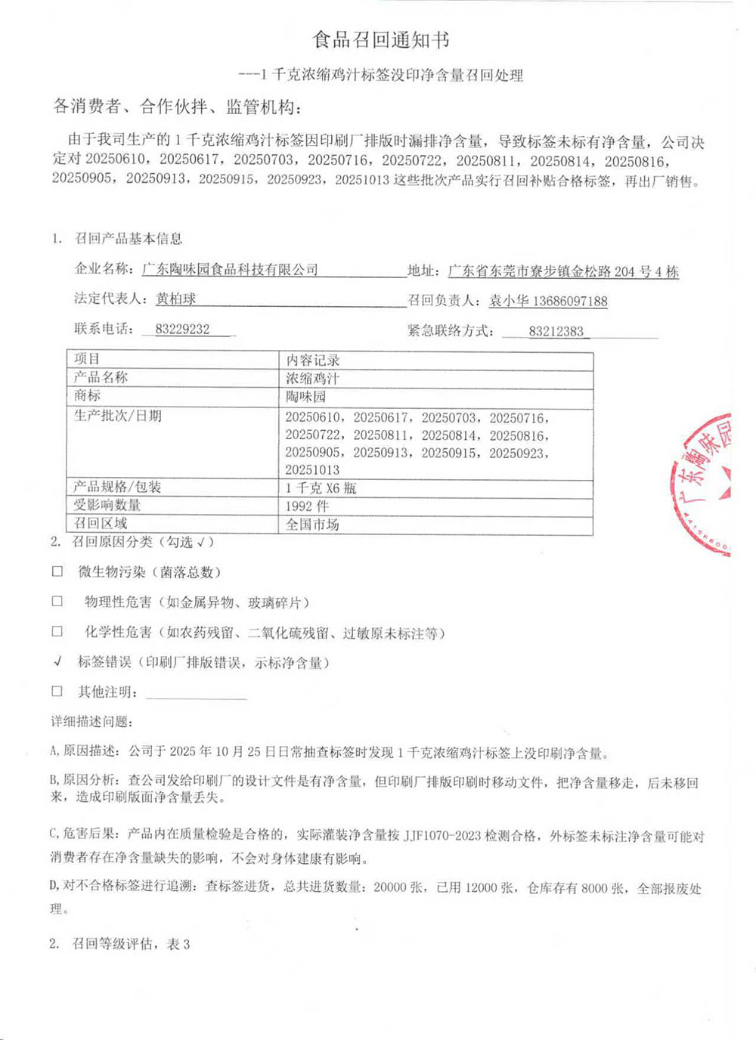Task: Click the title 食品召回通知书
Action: coord(381,39)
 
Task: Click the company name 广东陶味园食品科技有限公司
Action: coord(230,270)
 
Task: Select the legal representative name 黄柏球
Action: coord(175,299)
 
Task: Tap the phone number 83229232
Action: coord(182,330)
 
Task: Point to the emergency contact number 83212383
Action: coord(556,331)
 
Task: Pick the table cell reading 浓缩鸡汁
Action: coord(312,378)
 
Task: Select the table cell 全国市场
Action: coord(312,524)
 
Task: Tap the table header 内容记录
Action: coord(313,360)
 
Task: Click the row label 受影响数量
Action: coord(107,505)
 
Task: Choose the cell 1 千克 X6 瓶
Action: coord(321,487)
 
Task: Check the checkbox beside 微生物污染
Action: coord(57,571)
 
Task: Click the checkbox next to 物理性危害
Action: coord(57,602)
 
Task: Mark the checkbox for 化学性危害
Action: coord(57,631)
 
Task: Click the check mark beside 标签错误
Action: coord(58,661)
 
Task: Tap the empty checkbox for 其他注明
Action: coord(57,691)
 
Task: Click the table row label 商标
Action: coord(87,395)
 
